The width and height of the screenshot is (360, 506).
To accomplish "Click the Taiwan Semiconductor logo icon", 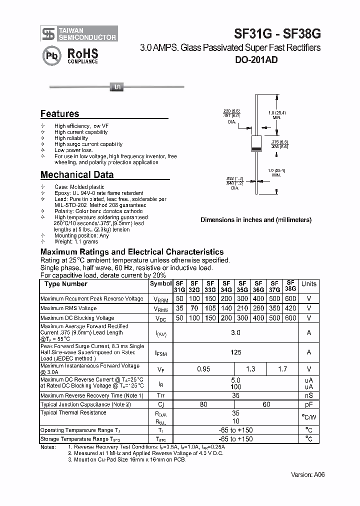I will [x=48, y=33].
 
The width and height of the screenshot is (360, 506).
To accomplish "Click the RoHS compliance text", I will [x=82, y=56].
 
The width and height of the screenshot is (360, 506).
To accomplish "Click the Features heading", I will [x=59, y=114].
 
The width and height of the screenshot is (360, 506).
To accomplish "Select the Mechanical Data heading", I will [x=76, y=175].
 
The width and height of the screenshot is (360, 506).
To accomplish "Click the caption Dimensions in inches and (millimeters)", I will [x=255, y=220].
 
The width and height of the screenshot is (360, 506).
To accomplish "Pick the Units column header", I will [x=308, y=284].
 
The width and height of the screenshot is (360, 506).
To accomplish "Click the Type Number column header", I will [x=65, y=284].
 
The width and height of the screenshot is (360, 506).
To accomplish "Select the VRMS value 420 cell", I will [x=290, y=308].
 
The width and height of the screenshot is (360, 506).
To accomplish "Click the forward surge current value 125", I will [x=236, y=352].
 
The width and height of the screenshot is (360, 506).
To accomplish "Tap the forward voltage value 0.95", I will [x=203, y=369].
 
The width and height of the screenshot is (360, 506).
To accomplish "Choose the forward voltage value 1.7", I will [x=282, y=369].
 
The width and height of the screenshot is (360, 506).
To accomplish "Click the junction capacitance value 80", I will [x=203, y=404].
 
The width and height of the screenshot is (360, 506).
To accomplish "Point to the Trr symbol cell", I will [x=160, y=395].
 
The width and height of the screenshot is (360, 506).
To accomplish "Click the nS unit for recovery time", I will [x=308, y=395].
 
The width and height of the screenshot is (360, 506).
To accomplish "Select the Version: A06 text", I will [x=307, y=474].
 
